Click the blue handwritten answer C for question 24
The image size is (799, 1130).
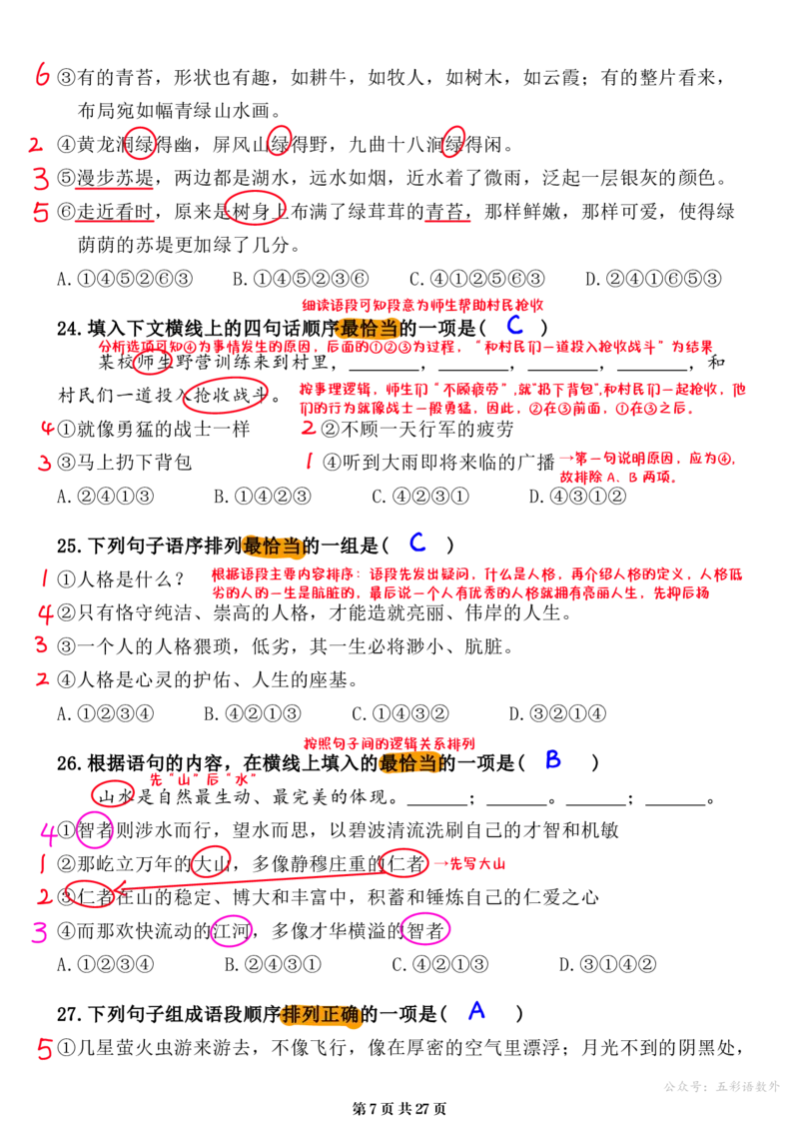click(x=514, y=325)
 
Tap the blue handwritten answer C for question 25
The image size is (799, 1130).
click(x=417, y=542)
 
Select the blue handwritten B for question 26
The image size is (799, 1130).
click(x=552, y=759)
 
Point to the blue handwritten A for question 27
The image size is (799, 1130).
click(x=476, y=1010)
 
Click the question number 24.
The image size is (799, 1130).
click(x=69, y=329)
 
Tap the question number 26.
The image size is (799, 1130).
click(x=69, y=763)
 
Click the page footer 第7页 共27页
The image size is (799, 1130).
click(x=399, y=1109)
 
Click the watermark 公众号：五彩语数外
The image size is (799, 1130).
click(x=721, y=1086)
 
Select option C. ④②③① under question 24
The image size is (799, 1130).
click(x=420, y=497)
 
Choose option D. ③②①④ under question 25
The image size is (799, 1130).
click(x=557, y=714)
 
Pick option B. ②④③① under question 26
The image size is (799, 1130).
click(x=273, y=964)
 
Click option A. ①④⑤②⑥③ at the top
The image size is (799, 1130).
click(x=125, y=279)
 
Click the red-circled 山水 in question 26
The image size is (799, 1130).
click(x=114, y=795)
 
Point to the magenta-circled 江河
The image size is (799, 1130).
click(x=231, y=931)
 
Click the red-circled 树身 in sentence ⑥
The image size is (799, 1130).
click(x=255, y=210)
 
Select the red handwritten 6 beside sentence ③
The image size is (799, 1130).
click(x=43, y=74)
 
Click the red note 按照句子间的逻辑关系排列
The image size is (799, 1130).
click(x=390, y=743)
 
